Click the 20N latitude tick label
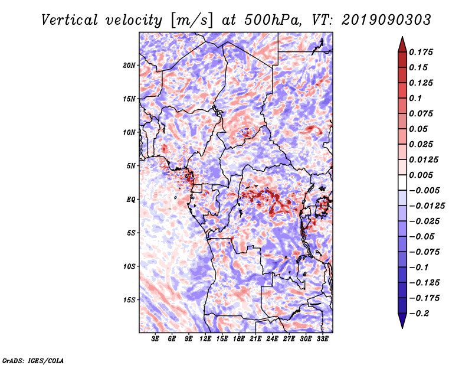point(129,66)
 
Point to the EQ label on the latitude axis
point(130,200)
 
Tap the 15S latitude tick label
point(129,300)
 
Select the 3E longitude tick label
point(155,339)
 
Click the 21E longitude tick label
point(255,339)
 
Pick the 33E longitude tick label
point(322,339)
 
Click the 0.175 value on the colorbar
point(421,52)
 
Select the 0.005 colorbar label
point(421,175)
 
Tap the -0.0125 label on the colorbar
point(427,206)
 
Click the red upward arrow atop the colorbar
point(402,44)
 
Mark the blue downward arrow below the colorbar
point(402,321)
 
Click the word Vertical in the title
point(70,20)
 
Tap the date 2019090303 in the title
point(386,20)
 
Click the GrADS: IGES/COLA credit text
point(33,360)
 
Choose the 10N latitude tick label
point(129,132)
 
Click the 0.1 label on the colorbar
point(415,98)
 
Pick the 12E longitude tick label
point(205,339)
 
